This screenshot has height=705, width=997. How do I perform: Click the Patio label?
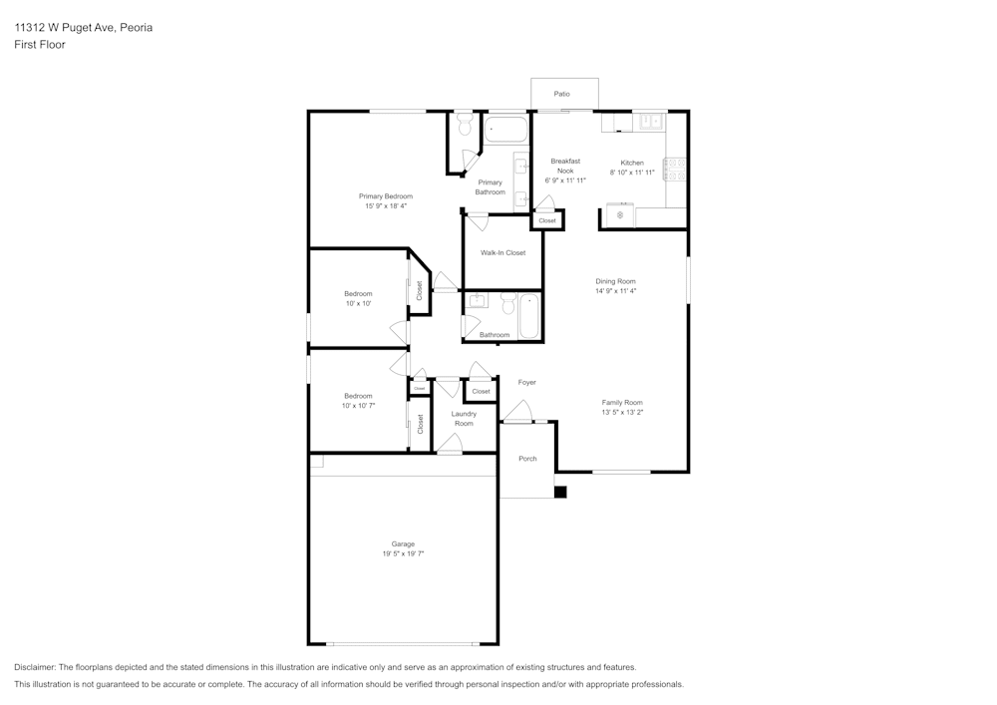pyautogui.click(x=562, y=94)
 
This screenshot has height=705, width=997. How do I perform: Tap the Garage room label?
pyautogui.click(x=403, y=544)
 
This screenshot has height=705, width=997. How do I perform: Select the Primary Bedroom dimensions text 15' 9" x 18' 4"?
pyautogui.click(x=385, y=206)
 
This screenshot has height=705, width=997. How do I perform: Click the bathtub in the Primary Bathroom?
pyautogui.click(x=505, y=130)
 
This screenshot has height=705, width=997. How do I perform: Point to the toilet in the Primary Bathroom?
pyautogui.click(x=465, y=126)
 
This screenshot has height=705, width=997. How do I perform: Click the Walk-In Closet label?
pyautogui.click(x=502, y=253)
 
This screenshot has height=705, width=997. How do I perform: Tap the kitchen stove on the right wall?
pyautogui.click(x=675, y=170)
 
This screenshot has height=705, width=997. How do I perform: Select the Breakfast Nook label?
pyautogui.click(x=565, y=166)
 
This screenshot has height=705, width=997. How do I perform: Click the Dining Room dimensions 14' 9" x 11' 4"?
pyautogui.click(x=615, y=291)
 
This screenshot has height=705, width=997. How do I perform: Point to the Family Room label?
pyautogui.click(x=621, y=402)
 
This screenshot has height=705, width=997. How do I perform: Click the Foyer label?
pyautogui.click(x=526, y=382)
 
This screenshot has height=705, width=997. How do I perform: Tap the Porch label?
pyautogui.click(x=527, y=459)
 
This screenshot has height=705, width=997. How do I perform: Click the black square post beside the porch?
pyautogui.click(x=560, y=492)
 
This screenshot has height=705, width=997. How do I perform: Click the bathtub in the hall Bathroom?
pyautogui.click(x=528, y=315)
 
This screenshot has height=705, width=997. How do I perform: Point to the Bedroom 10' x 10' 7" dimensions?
pyautogui.click(x=358, y=407)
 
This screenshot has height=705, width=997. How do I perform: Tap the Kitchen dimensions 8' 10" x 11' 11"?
pyautogui.click(x=632, y=173)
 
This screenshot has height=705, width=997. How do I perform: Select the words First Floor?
pyautogui.click(x=40, y=45)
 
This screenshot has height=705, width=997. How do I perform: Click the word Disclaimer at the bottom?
pyautogui.click(x=35, y=667)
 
